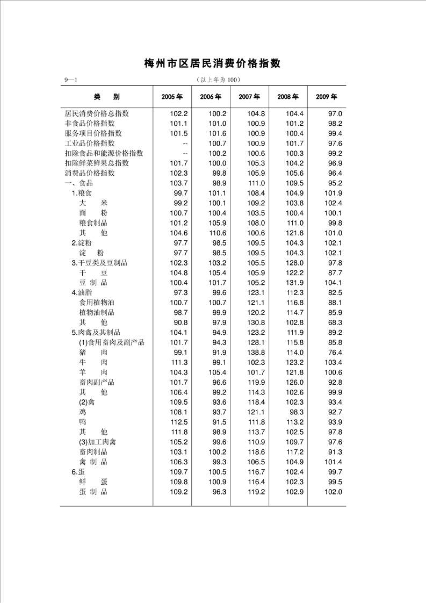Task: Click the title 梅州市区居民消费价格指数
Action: point(213,63)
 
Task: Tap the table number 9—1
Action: point(71,81)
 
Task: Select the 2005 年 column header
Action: point(172,97)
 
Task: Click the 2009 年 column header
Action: point(327,97)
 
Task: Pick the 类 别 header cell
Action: point(107,97)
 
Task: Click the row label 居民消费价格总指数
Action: point(97,113)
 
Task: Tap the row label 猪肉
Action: point(93,352)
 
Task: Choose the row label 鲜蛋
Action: point(93,482)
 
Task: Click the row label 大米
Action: point(93,203)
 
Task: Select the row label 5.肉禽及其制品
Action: point(96,333)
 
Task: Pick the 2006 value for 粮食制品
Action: point(217,223)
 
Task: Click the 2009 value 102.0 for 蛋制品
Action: point(333,492)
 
